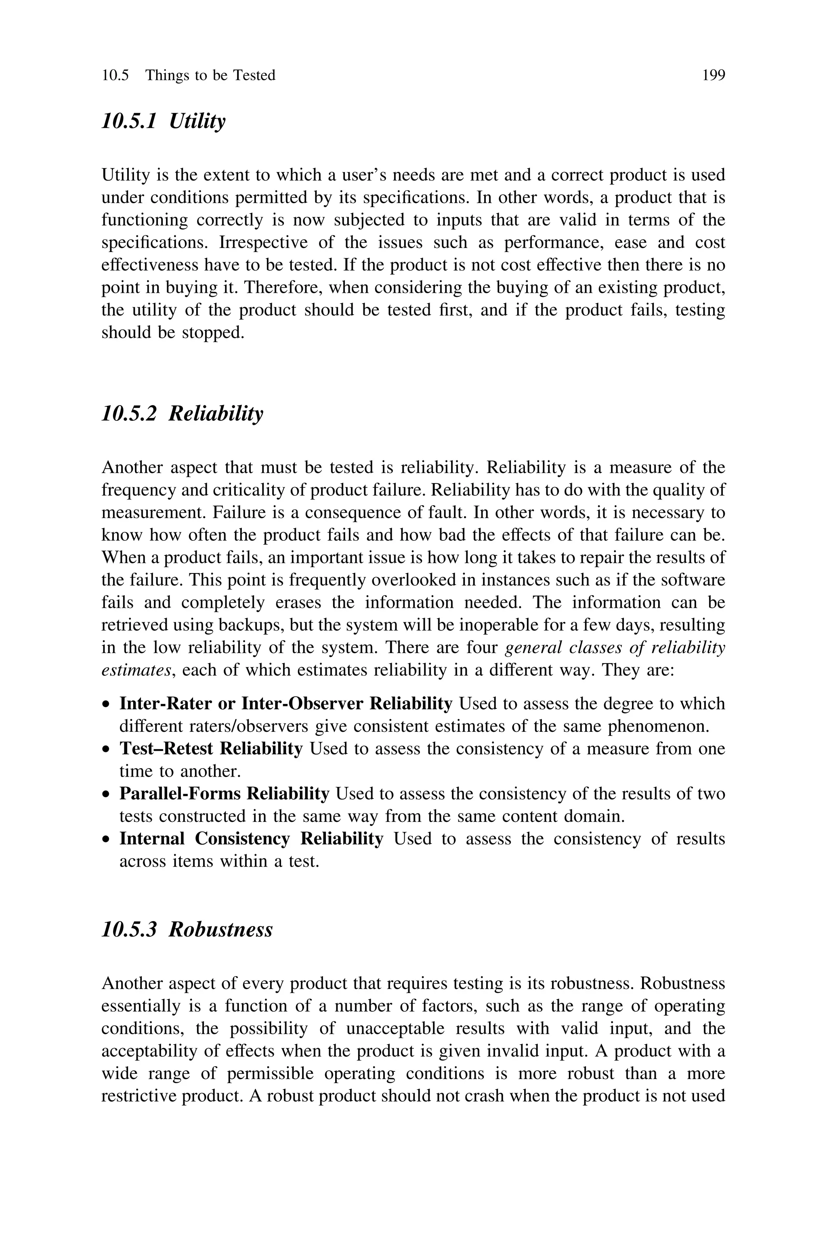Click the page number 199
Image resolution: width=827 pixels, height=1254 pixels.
click(x=714, y=76)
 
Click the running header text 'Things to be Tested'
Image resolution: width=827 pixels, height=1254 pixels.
click(x=210, y=76)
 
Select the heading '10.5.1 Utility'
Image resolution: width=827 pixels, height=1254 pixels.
click(x=163, y=121)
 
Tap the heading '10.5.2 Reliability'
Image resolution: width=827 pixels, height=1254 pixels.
click(x=182, y=414)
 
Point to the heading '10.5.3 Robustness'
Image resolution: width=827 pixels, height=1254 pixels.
click(x=187, y=930)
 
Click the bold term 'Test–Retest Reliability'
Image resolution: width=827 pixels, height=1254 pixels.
click(x=211, y=749)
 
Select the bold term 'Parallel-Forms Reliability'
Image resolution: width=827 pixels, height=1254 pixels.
click(x=224, y=794)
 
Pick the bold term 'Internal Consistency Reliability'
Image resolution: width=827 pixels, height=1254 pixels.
click(x=251, y=838)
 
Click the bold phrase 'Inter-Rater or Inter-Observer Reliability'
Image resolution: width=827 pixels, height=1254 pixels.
click(x=285, y=704)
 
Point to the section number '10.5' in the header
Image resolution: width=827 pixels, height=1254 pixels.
click(x=115, y=76)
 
